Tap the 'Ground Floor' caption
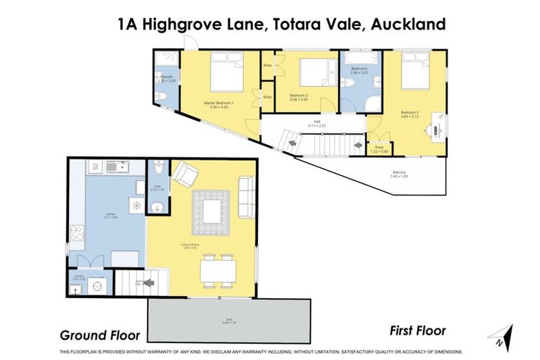(x=99, y=335)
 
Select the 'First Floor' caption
(x=418, y=330)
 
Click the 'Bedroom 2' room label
(x=300, y=94)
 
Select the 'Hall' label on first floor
(x=317, y=122)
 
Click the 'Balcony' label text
(x=399, y=172)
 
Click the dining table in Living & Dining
(x=218, y=270)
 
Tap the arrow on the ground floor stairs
(x=149, y=283)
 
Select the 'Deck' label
(x=229, y=320)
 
